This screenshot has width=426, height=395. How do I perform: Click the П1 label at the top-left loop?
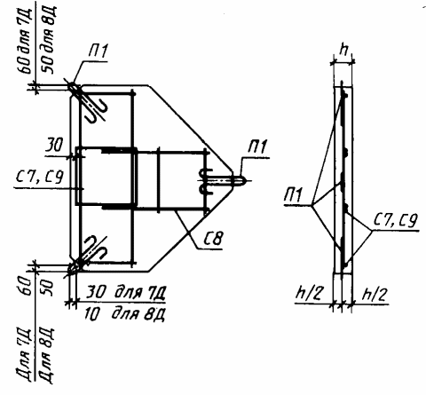[x=98, y=51]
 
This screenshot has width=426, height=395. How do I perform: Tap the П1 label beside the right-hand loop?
[x=257, y=147]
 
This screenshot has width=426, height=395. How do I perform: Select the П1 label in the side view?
[x=293, y=194]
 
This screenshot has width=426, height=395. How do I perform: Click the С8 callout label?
[x=213, y=238]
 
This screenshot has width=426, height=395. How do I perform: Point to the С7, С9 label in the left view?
[x=40, y=177]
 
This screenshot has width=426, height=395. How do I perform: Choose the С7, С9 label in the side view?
[x=396, y=219]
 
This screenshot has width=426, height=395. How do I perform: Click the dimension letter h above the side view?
[x=343, y=51]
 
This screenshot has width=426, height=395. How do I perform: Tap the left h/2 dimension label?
[x=308, y=294]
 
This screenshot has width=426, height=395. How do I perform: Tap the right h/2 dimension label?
[x=375, y=294]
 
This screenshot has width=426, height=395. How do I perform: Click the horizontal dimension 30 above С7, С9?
[x=54, y=145]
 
